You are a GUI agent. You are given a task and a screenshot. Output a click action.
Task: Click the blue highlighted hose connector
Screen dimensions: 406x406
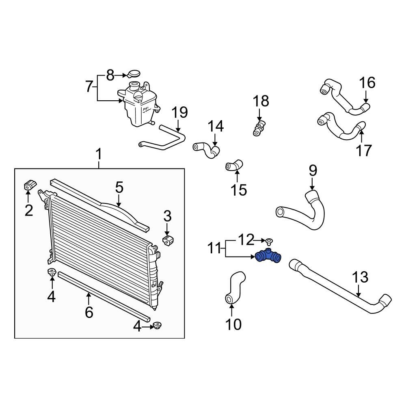point(269,256)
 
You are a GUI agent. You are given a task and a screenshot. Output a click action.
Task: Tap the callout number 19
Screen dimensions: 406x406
point(179,113)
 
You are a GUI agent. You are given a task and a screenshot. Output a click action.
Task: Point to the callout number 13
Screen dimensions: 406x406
point(360,278)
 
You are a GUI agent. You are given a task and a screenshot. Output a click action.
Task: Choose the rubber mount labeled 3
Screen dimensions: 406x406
point(168,240)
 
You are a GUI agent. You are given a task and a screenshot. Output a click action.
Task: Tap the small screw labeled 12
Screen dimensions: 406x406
point(270,241)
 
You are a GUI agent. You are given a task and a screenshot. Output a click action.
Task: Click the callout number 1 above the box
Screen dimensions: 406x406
point(99,155)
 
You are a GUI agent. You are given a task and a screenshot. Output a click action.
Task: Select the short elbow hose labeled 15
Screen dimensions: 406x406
point(235,166)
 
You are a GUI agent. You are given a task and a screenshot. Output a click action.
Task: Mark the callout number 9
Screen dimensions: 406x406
point(313,171)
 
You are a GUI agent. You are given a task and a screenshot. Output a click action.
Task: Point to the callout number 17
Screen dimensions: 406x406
point(363,151)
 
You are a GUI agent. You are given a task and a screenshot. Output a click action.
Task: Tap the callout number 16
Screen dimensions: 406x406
point(367,83)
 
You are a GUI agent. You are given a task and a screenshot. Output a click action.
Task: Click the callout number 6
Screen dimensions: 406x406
point(89,312)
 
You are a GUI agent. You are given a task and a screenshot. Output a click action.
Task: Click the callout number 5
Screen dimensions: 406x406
point(119,188)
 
